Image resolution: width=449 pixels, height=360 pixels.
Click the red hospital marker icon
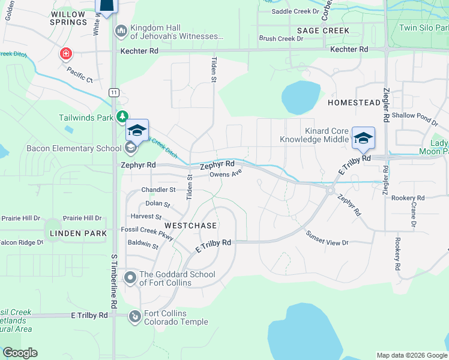click(x=65, y=55)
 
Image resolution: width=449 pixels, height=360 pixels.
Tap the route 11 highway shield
click(x=114, y=92)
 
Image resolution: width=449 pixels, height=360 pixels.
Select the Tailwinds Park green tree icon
click(x=122, y=116)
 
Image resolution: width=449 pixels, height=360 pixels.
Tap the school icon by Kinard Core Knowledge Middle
click(x=363, y=137)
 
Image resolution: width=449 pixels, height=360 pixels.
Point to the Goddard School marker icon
click(x=130, y=277)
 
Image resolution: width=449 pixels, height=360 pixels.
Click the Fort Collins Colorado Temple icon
click(x=136, y=314)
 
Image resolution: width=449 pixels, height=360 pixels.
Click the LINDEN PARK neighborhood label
click(x=79, y=233)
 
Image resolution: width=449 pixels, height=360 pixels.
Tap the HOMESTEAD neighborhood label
click(x=354, y=103)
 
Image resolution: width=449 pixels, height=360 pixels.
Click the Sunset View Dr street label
click(x=327, y=238)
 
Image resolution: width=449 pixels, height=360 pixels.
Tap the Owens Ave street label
click(x=226, y=175)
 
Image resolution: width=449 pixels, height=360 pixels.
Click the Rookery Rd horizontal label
click(x=408, y=197)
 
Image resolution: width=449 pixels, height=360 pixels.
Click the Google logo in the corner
click(x=20, y=353)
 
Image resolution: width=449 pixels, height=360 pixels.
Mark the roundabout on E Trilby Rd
click(x=330, y=190)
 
